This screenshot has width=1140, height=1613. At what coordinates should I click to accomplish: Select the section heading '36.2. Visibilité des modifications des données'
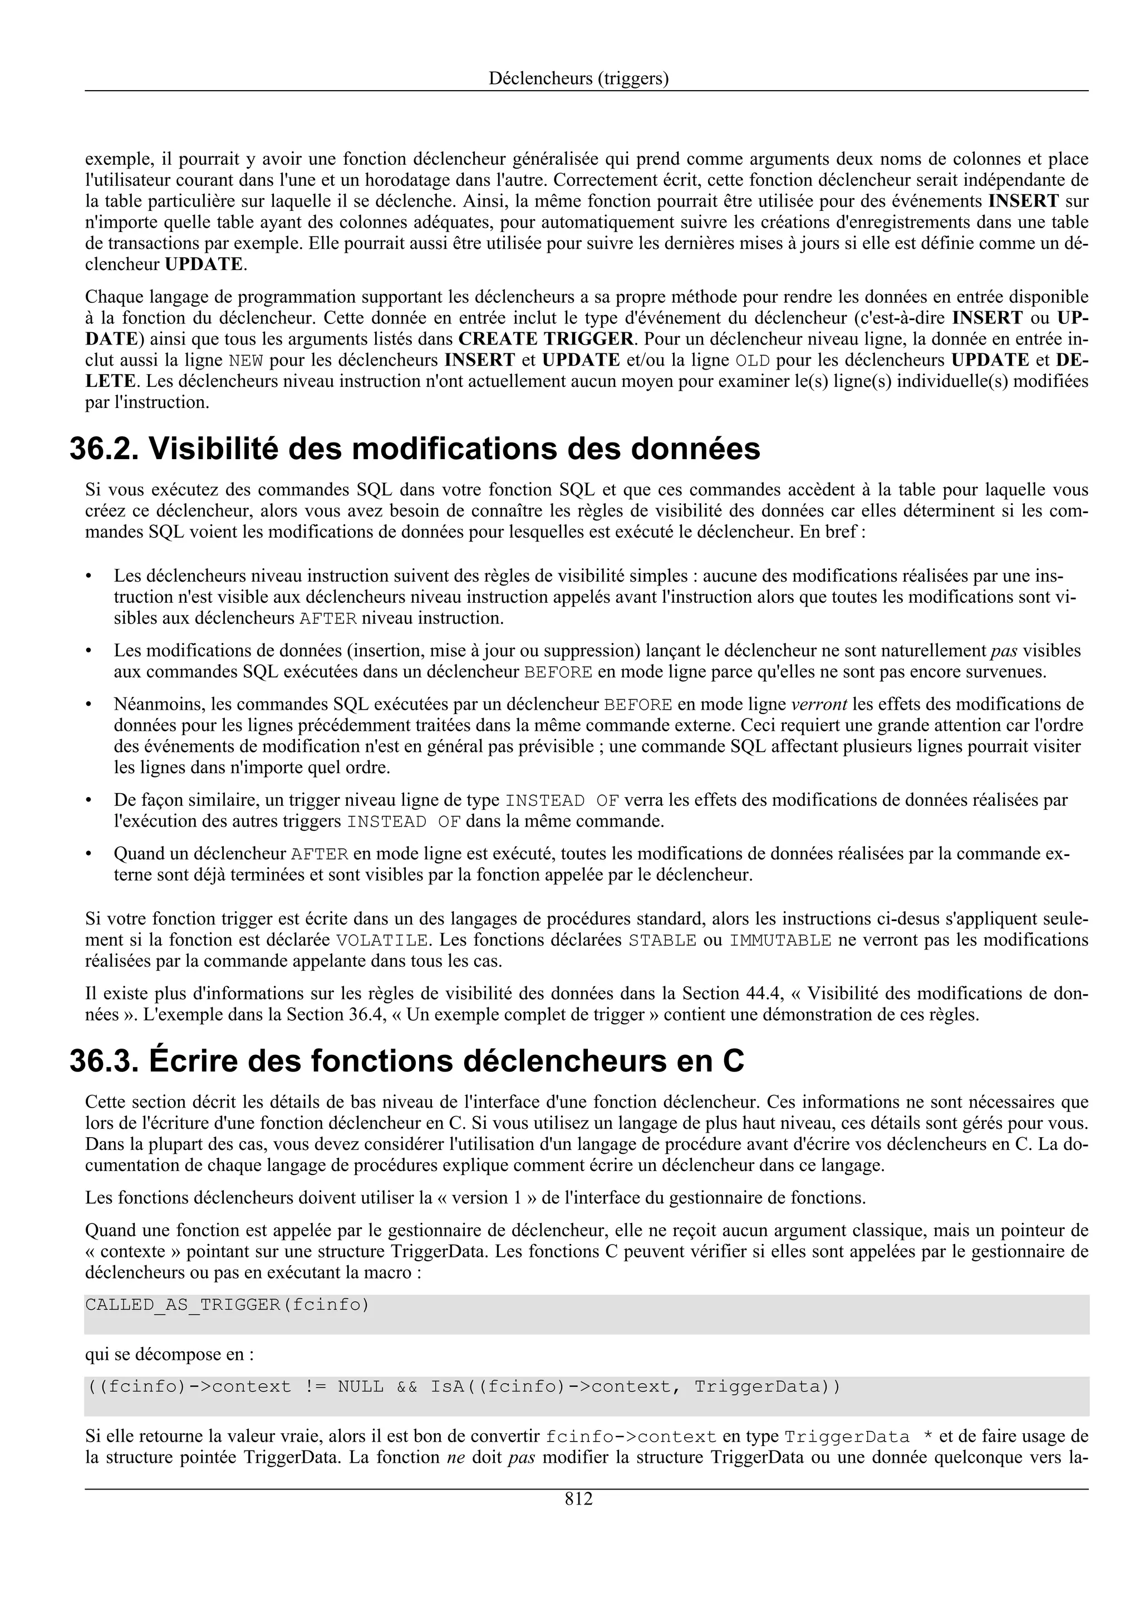point(414,449)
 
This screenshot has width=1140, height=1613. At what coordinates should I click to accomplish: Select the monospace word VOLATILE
point(382,941)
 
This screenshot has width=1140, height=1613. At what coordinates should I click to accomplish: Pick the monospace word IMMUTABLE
point(780,941)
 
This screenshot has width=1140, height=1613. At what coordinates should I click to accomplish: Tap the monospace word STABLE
point(662,941)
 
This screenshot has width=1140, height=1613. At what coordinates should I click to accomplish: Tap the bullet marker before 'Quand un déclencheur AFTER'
point(89,854)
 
